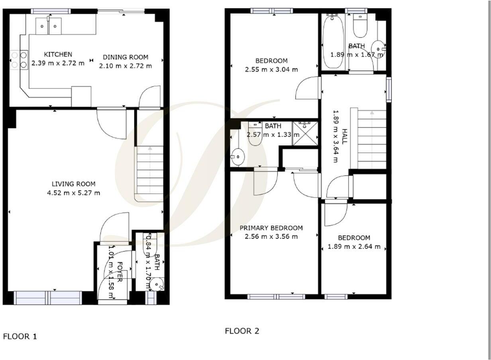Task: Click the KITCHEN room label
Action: [58, 54]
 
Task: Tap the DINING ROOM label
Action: [126, 57]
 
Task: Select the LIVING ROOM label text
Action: [74, 184]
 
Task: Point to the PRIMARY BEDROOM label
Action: [271, 228]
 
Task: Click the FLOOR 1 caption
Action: [20, 337]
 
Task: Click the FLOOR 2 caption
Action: [242, 331]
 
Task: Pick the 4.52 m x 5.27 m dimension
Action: [74, 193]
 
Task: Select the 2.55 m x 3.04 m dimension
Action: [271, 70]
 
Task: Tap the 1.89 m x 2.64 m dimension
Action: [354, 247]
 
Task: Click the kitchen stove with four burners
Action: [19, 60]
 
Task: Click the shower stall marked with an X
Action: [305, 133]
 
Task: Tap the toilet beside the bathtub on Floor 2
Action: [360, 26]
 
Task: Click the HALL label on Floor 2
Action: [345, 136]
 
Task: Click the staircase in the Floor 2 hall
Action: [369, 139]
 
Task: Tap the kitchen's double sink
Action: [49, 26]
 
